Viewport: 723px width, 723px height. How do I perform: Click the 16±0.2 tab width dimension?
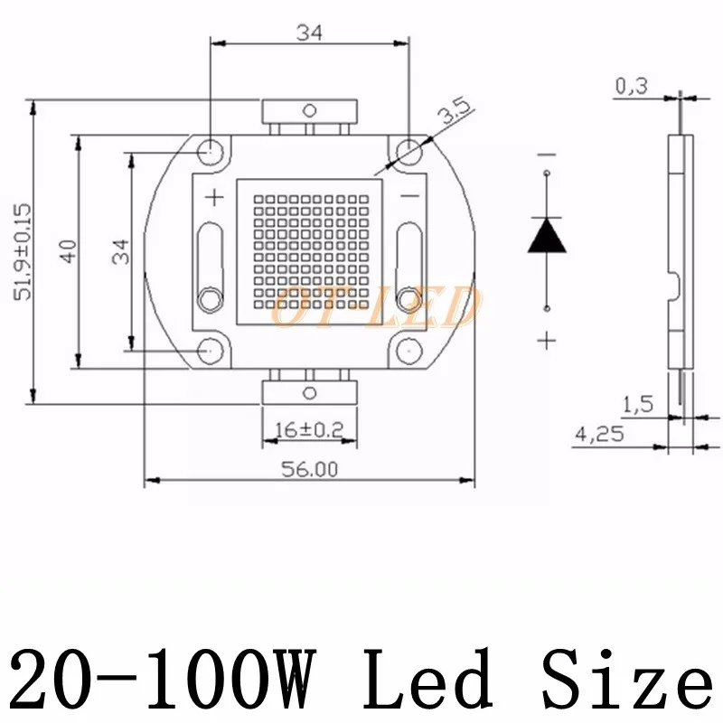[x=308, y=430]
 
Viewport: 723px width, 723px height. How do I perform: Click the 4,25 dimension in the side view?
[x=597, y=434]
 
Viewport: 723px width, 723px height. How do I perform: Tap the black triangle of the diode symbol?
[x=547, y=235]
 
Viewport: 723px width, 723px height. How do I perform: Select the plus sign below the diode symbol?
[x=547, y=339]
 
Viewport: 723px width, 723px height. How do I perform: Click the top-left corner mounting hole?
[x=210, y=149]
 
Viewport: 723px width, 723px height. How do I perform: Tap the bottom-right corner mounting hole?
[x=408, y=348]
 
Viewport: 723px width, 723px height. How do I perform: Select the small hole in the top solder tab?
[x=309, y=111]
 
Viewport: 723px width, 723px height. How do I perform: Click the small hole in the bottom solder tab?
[x=309, y=391]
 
